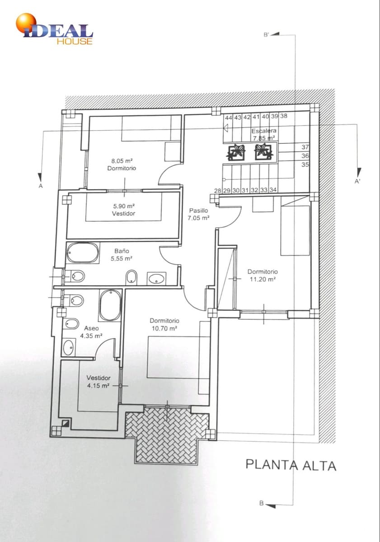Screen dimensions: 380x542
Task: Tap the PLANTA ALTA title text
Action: pos(291,465)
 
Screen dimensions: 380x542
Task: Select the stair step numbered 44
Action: pos(229,117)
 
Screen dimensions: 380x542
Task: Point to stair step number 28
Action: pos(218,191)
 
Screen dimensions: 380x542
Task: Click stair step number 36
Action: pos(305,155)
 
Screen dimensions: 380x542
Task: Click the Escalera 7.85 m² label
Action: pos(264,135)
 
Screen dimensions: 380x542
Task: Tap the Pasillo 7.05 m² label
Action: pos(198,214)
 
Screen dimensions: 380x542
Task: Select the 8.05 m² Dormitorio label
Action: pos(122,164)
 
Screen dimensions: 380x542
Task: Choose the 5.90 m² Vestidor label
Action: pos(124,210)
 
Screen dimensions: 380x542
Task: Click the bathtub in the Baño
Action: pos(83,252)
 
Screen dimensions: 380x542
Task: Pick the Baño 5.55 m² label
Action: pos(122,255)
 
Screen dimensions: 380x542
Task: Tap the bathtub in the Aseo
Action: pos(111,306)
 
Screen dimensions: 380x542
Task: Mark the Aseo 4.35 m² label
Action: pos(91,332)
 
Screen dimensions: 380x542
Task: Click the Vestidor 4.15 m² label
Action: pos(99,382)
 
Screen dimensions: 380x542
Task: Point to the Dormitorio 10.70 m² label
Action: pos(164,324)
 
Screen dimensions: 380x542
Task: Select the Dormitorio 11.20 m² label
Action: pos(263,276)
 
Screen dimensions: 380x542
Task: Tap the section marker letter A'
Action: pos(358,182)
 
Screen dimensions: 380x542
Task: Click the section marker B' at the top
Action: pos(266,35)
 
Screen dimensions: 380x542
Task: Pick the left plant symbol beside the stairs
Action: pos(236,152)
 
